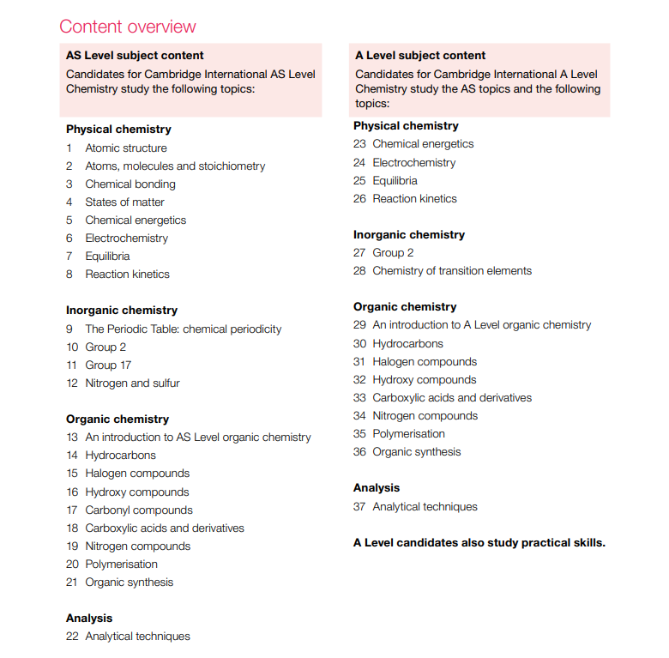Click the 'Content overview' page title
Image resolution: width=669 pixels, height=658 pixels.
click(128, 27)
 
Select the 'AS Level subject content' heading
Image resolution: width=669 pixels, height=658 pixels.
click(135, 56)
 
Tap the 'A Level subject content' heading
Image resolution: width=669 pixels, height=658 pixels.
click(420, 56)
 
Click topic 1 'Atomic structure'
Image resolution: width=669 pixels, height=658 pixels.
click(126, 148)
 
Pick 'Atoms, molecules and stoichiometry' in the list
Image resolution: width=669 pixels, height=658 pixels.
click(175, 166)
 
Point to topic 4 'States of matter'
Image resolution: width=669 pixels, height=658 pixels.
click(124, 202)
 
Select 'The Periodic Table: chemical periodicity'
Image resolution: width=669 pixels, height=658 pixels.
click(183, 329)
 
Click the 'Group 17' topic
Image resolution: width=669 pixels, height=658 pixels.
click(108, 365)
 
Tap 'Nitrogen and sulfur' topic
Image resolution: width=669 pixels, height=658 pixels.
click(132, 383)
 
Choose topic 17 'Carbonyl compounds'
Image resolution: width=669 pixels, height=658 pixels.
click(139, 510)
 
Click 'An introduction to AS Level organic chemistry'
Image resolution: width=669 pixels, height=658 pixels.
click(198, 438)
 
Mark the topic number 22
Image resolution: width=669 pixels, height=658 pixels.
click(72, 636)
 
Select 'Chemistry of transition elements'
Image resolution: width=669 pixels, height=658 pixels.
click(452, 270)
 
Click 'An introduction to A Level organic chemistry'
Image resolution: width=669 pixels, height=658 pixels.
click(481, 325)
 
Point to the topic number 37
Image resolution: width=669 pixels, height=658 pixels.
click(359, 506)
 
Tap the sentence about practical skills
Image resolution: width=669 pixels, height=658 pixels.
click(479, 542)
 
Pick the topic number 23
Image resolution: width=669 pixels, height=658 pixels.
click(359, 144)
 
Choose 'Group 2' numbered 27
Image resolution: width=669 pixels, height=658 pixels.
click(393, 252)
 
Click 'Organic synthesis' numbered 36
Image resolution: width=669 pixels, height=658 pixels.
click(416, 451)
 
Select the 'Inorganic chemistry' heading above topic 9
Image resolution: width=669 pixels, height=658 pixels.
click(122, 310)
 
